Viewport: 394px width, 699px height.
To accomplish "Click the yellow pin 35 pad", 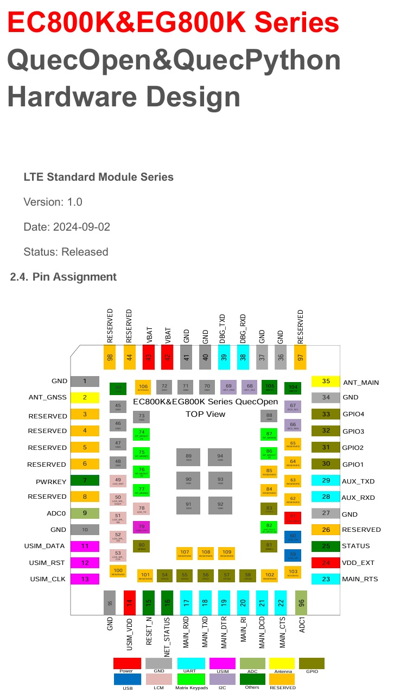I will pyautogui.click(x=326, y=381).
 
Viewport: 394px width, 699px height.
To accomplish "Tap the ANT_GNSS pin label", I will pyautogui.click(x=48, y=397).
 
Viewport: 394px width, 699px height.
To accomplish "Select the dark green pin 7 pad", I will pyautogui.click(x=85, y=480).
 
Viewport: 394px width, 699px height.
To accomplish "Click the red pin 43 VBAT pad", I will pyautogui.click(x=149, y=357).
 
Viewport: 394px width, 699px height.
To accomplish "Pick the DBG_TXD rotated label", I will pyautogui.click(x=223, y=328).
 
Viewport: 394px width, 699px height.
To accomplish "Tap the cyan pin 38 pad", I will pyautogui.click(x=242, y=357).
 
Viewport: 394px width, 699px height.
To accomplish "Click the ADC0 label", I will pyautogui.click(x=57, y=512).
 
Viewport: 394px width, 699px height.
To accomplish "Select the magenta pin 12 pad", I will pyautogui.click(x=85, y=563).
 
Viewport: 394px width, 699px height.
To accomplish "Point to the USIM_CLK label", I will pyautogui.click(x=48, y=579).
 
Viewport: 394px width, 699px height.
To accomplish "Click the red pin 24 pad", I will pyautogui.click(x=326, y=563).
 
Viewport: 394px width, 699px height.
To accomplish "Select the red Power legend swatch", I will pyautogui.click(x=127, y=663).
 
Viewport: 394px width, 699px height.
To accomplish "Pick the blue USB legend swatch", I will pyautogui.click(x=127, y=679).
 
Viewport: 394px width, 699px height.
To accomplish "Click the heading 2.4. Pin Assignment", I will pyautogui.click(x=63, y=277).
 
